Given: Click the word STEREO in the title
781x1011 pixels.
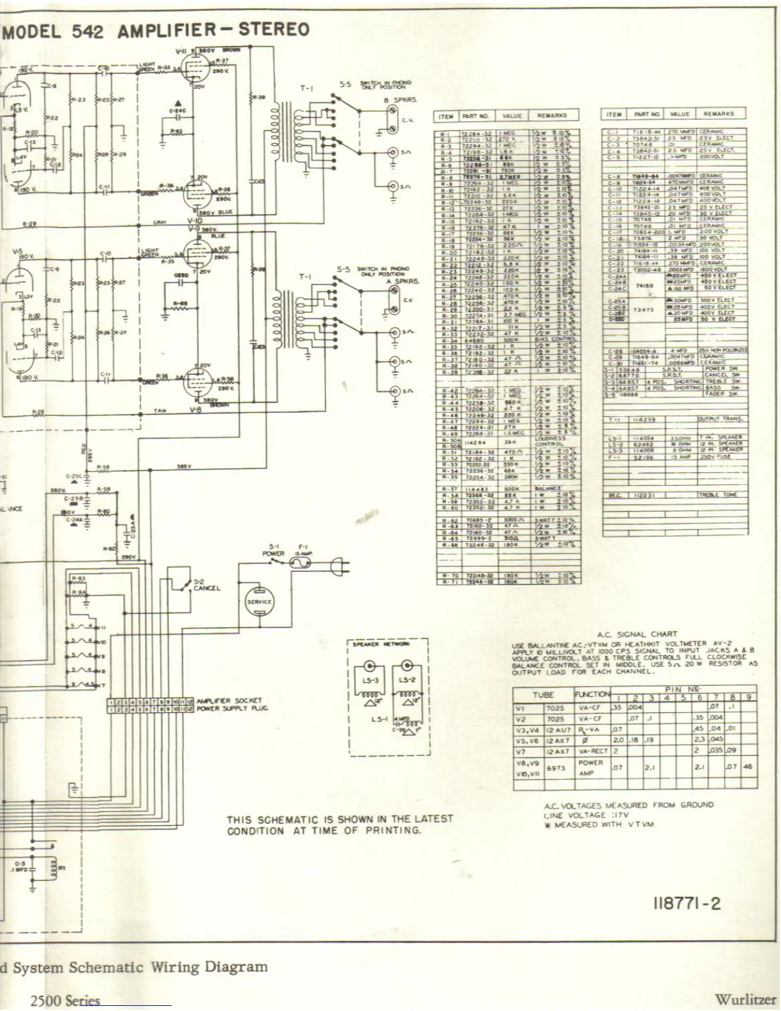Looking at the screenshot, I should pos(274,30).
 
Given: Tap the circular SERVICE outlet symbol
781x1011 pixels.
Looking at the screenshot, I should pos(259,601).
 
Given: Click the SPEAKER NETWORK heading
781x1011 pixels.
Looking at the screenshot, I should pos(381,644).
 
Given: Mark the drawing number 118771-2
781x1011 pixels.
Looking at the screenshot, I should pos(687,903).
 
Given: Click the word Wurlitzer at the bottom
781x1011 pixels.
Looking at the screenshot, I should pos(745,1000).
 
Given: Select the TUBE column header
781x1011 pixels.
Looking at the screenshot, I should pos(543,694).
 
